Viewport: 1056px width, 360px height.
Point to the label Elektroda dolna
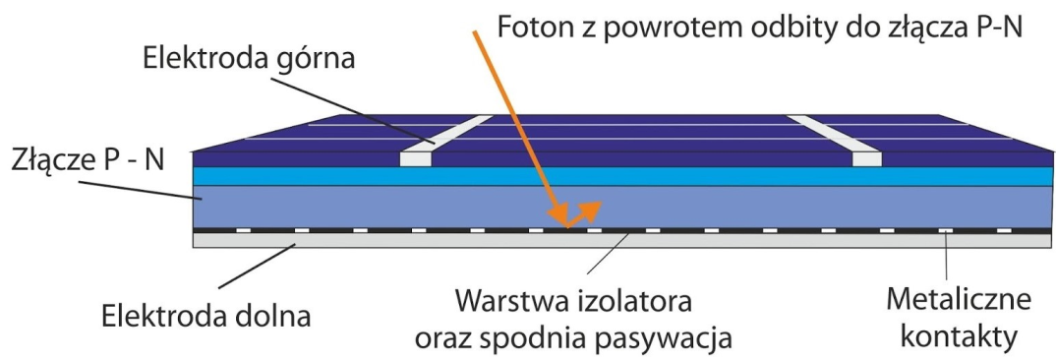click(x=206, y=317)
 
